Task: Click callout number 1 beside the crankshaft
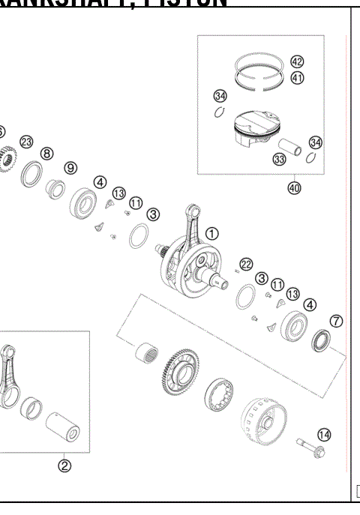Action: pyautogui.click(x=212, y=233)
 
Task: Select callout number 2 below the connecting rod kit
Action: pyautogui.click(x=64, y=465)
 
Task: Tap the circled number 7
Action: pyautogui.click(x=337, y=321)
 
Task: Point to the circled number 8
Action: pyautogui.click(x=47, y=153)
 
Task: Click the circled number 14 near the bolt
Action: pyautogui.click(x=323, y=433)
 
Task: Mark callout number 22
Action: pyautogui.click(x=245, y=263)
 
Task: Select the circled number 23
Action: pyautogui.click(x=26, y=142)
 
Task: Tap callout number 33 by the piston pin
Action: pyautogui.click(x=279, y=159)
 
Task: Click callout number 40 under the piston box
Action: pyautogui.click(x=294, y=188)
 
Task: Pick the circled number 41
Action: pyautogui.click(x=297, y=77)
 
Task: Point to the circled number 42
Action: pyautogui.click(x=297, y=62)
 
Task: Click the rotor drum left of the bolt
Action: pyautogui.click(x=259, y=422)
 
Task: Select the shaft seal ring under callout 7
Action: pyautogui.click(x=322, y=342)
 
